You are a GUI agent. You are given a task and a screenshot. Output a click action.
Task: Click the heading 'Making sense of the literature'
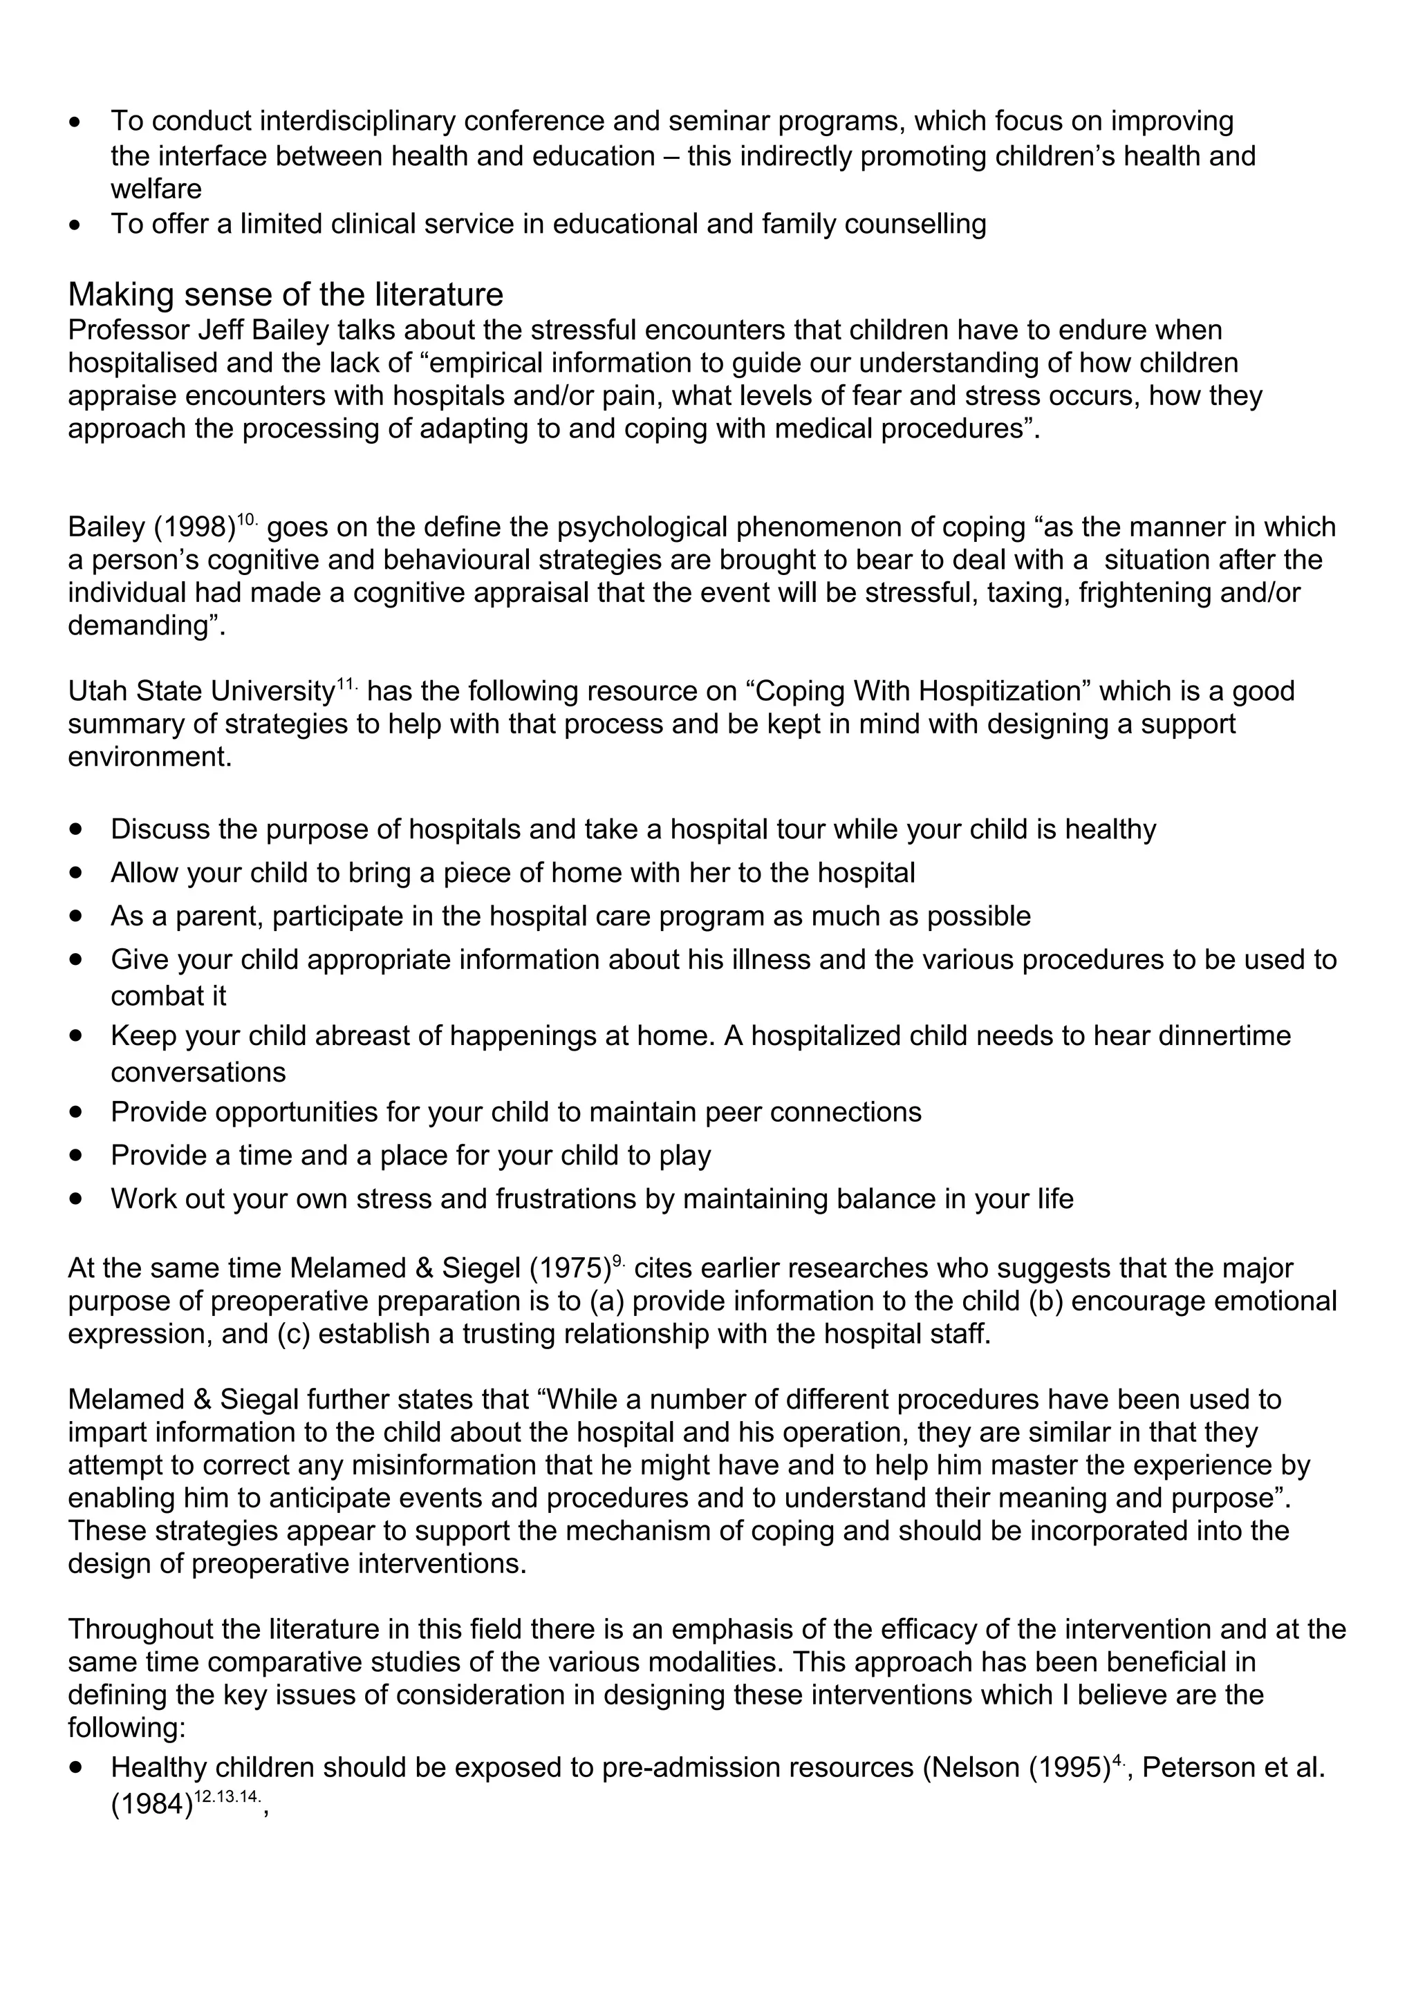[x=286, y=295]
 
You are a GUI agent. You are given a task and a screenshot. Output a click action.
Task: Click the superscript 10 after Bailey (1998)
[x=247, y=520]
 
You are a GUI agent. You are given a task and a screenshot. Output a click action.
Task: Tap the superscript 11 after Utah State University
[x=346, y=684]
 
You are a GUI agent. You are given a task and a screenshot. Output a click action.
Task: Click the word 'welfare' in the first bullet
[x=156, y=189]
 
